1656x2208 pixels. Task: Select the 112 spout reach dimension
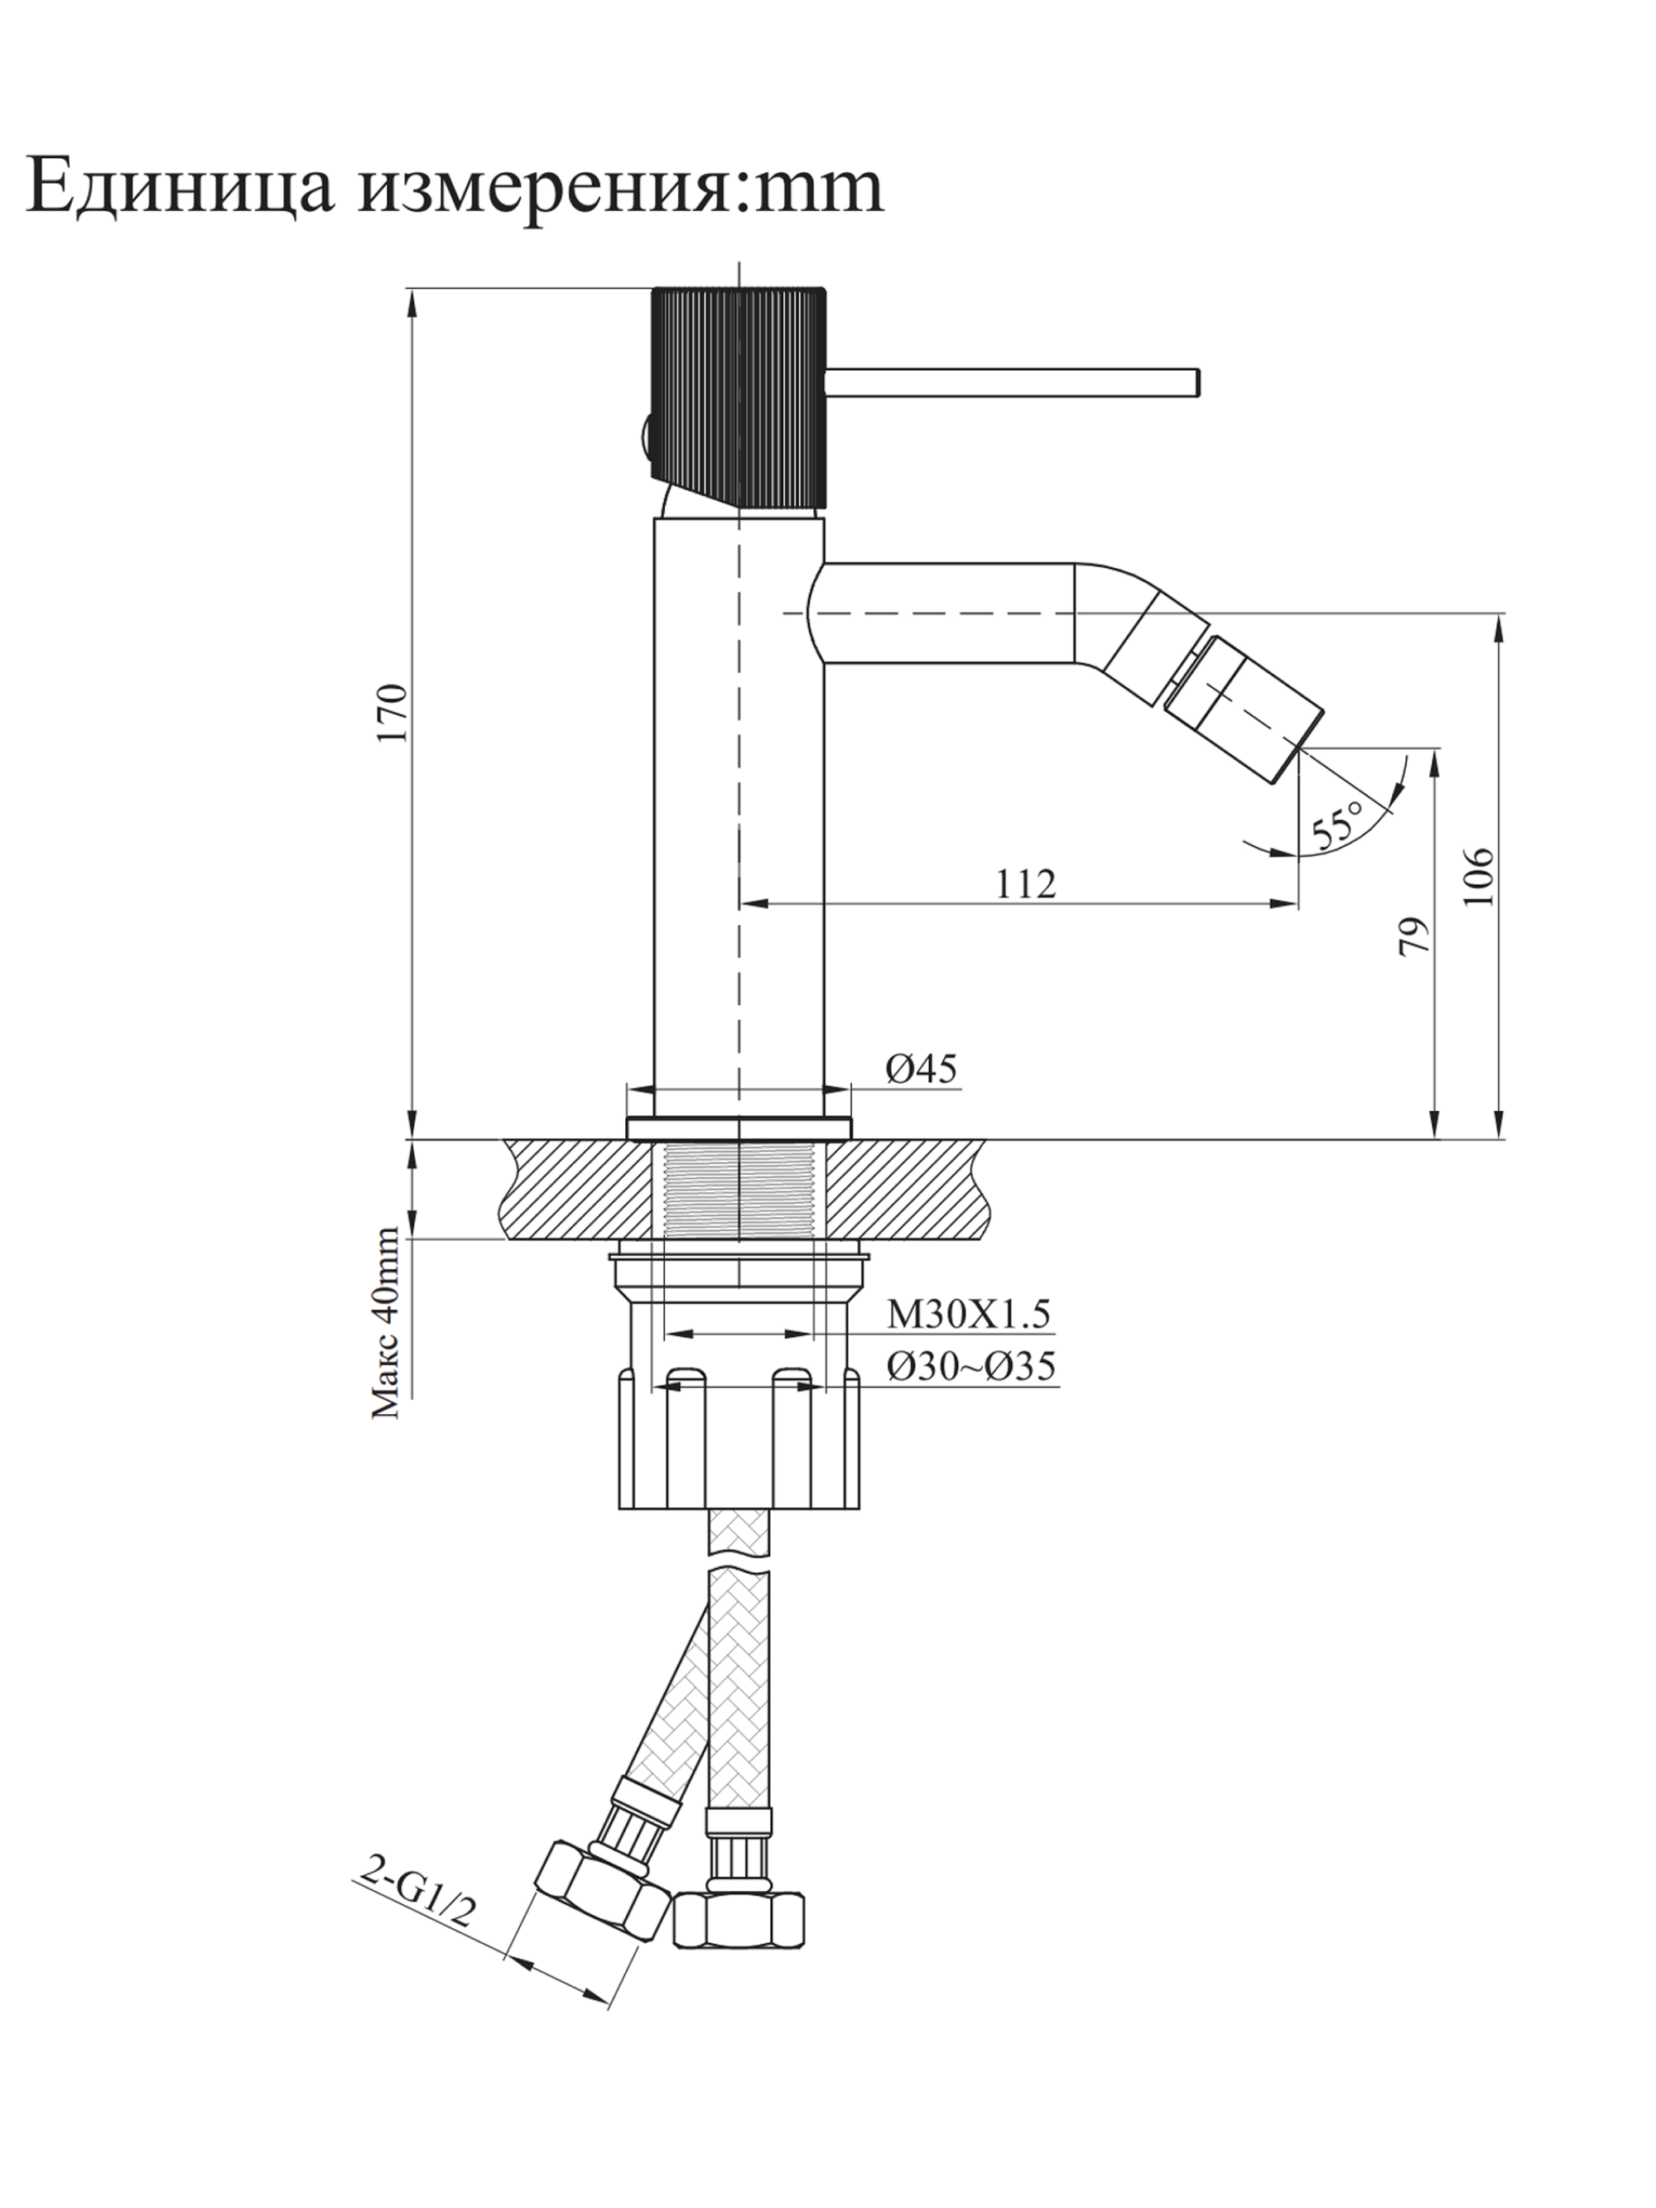(x=1025, y=883)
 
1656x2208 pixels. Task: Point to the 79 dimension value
(x=1413, y=937)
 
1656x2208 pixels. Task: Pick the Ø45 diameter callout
(x=921, y=1069)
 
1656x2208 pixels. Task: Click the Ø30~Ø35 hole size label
(x=970, y=1365)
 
